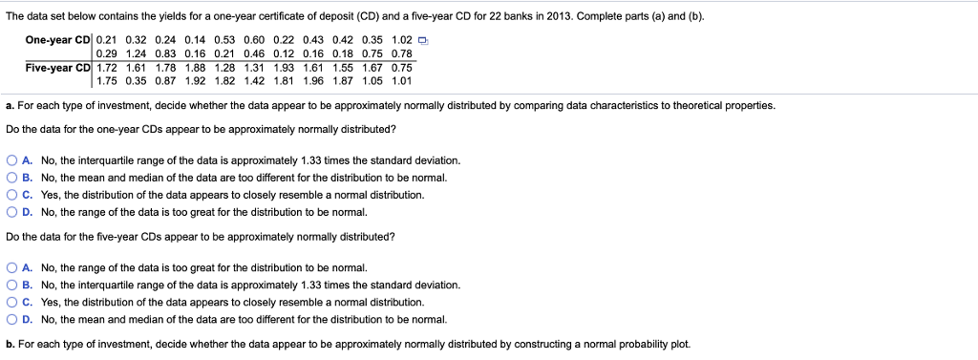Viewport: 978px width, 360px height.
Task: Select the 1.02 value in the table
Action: (x=400, y=39)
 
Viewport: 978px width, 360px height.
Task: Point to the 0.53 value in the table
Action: (x=224, y=39)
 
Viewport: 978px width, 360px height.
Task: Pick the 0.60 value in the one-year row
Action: (x=254, y=39)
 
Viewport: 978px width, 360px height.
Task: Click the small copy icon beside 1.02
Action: (x=420, y=39)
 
